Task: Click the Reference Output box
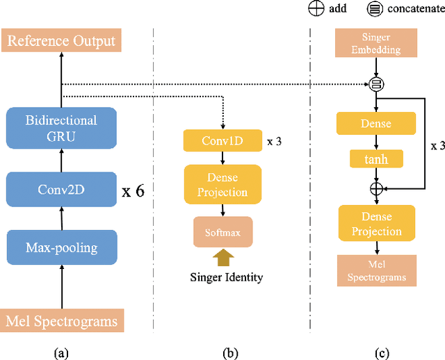(x=62, y=41)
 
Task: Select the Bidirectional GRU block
(x=62, y=129)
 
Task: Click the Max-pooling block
(x=62, y=247)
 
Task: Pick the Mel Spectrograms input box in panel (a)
(x=62, y=321)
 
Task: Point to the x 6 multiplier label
(x=133, y=190)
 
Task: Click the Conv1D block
(x=222, y=140)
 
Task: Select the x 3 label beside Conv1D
(x=275, y=141)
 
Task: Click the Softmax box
(x=222, y=232)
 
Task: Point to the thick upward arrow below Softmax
(x=222, y=259)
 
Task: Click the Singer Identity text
(x=227, y=277)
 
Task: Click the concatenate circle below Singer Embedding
(x=376, y=85)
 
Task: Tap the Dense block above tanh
(x=376, y=123)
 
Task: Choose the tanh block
(x=376, y=159)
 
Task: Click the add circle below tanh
(x=376, y=188)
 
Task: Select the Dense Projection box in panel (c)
(x=376, y=224)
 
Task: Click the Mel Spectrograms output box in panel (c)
(x=376, y=270)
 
